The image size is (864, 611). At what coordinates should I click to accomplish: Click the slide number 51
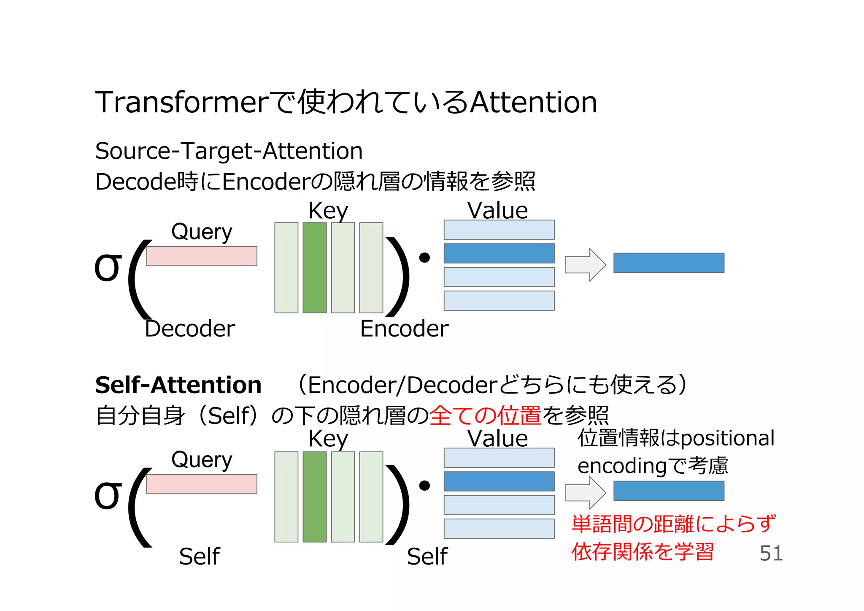(771, 553)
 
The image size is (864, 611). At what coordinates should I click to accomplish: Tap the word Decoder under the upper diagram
(190, 329)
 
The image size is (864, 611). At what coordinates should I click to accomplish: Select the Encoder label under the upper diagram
(404, 329)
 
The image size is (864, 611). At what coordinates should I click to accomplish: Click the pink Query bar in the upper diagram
(202, 256)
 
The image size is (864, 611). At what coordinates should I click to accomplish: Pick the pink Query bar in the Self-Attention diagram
(202, 484)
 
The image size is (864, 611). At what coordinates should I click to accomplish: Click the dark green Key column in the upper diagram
(314, 268)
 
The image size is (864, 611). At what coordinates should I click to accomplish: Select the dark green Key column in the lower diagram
(314, 497)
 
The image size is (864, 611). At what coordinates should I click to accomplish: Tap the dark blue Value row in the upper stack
(499, 253)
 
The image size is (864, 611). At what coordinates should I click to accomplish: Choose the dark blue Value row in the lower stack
(499, 481)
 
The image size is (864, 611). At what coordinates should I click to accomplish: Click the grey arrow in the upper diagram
(586, 265)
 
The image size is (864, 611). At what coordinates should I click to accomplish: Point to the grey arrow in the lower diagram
(586, 493)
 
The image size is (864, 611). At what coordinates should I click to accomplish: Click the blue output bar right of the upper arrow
(669, 263)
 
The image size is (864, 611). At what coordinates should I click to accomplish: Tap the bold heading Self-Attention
(178, 385)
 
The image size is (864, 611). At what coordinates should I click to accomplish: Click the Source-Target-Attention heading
(229, 151)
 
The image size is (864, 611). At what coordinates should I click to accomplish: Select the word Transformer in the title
(182, 103)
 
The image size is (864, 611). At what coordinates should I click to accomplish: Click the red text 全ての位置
(485, 415)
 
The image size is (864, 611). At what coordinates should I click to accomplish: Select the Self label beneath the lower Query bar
(199, 557)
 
